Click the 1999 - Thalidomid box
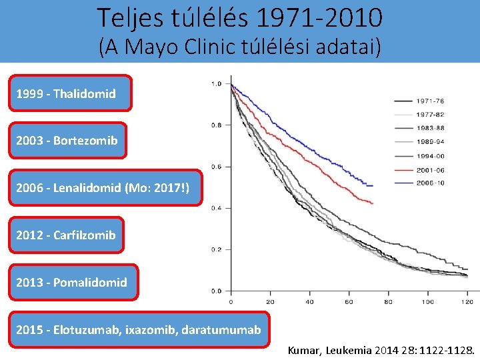[70, 93]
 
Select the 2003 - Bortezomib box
[67, 141]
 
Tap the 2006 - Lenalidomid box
[104, 188]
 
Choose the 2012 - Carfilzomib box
[66, 235]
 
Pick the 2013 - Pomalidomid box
[71, 283]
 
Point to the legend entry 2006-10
[430, 182]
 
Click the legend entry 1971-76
[430, 101]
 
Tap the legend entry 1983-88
[430, 128]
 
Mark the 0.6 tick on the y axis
[217, 167]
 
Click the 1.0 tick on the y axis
[217, 84]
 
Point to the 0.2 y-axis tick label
[217, 250]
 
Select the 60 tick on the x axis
[349, 302]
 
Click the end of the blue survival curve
[373, 185]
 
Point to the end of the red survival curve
[373, 203]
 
